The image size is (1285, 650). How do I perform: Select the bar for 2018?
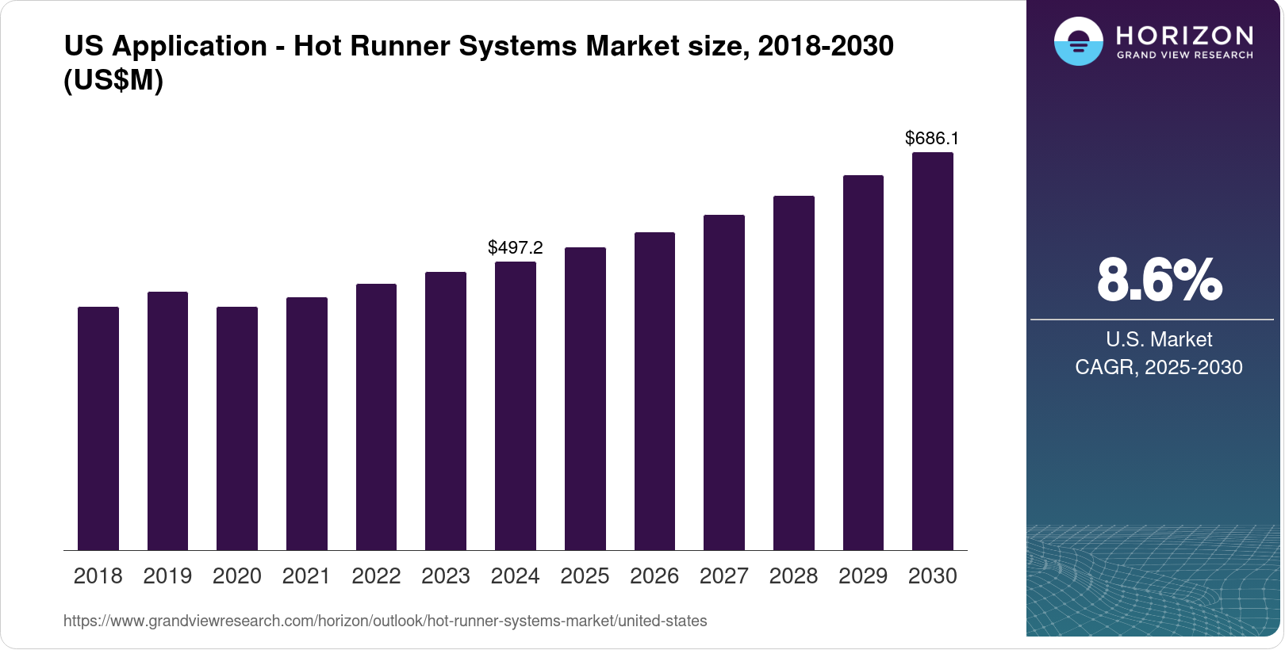tap(98, 428)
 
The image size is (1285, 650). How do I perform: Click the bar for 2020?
tap(237, 428)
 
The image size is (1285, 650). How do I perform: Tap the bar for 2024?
tap(516, 406)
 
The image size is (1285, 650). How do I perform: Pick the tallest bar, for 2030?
tap(933, 351)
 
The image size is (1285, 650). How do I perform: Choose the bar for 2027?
tap(724, 382)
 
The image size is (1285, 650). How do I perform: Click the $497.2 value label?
tap(516, 247)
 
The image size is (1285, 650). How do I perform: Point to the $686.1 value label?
tap(932, 139)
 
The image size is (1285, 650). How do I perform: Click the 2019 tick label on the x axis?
tap(167, 576)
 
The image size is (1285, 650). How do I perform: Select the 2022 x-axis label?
tap(376, 576)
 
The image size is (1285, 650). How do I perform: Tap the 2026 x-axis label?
tap(654, 576)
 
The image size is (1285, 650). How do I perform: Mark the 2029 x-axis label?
tap(863, 576)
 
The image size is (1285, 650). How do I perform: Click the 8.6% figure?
tap(1159, 280)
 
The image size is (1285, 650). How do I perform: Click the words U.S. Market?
tap(1159, 339)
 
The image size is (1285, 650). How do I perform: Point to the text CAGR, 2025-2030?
tap(1159, 367)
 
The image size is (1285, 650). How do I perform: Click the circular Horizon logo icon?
tap(1078, 41)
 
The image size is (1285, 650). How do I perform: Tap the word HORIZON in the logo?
tap(1185, 35)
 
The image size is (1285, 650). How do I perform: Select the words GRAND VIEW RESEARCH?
tap(1185, 55)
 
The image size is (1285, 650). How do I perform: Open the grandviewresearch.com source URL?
tap(385, 621)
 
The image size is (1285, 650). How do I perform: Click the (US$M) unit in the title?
tap(113, 81)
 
